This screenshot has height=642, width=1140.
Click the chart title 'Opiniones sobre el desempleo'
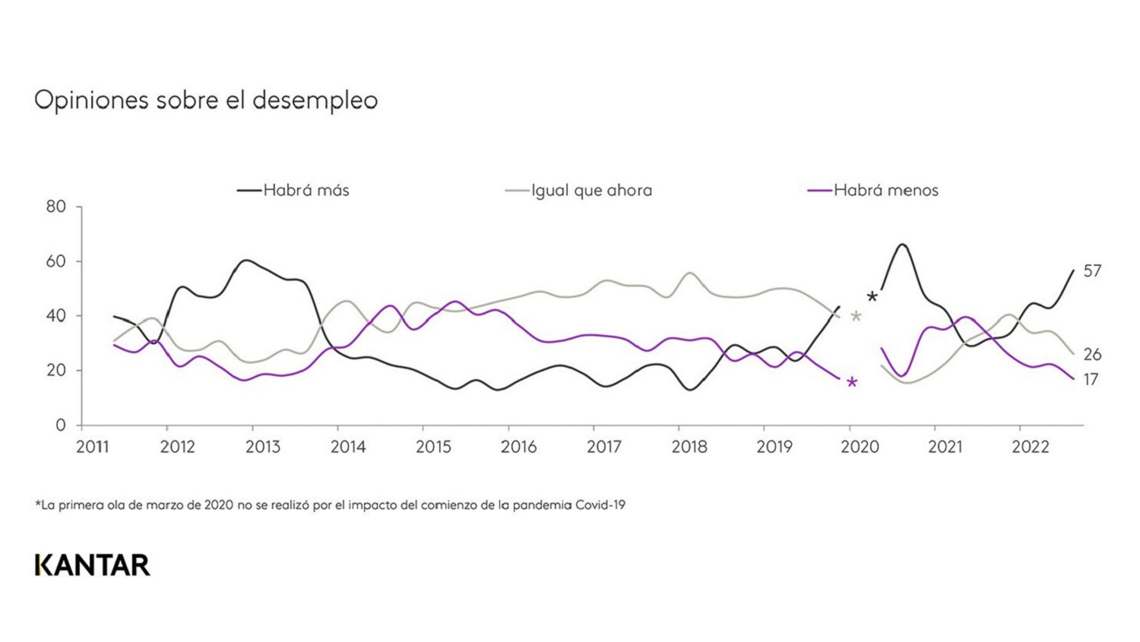point(206,100)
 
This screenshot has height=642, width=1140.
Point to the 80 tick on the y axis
point(56,207)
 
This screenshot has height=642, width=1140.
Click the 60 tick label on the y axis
point(56,261)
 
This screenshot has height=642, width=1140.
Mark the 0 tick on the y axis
point(61,425)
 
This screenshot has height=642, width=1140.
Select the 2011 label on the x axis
point(93,448)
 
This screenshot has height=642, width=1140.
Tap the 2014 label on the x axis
point(348,448)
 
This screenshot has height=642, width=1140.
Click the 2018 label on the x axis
point(689,448)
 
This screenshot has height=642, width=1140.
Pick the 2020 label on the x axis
point(860,448)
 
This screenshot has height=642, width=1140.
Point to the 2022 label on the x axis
point(1030,448)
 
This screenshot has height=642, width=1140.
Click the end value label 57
point(1092,271)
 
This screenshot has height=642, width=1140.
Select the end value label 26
point(1092,355)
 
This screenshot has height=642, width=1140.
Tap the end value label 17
point(1091,380)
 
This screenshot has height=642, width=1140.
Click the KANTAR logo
point(93,565)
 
